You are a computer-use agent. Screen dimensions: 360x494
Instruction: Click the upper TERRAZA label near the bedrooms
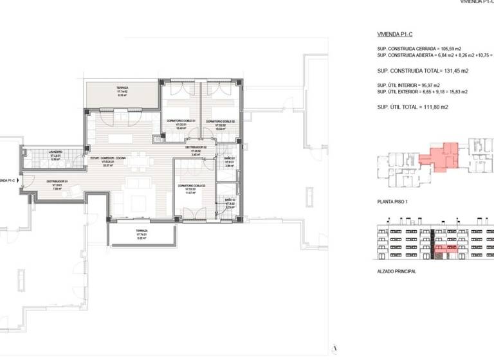click(122, 88)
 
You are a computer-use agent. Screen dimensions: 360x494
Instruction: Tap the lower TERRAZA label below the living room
click(142, 230)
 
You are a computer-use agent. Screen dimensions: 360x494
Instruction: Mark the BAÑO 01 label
click(230, 157)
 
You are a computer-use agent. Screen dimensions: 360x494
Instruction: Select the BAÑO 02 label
click(231, 202)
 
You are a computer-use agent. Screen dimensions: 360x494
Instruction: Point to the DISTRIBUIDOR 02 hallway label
click(196, 147)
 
